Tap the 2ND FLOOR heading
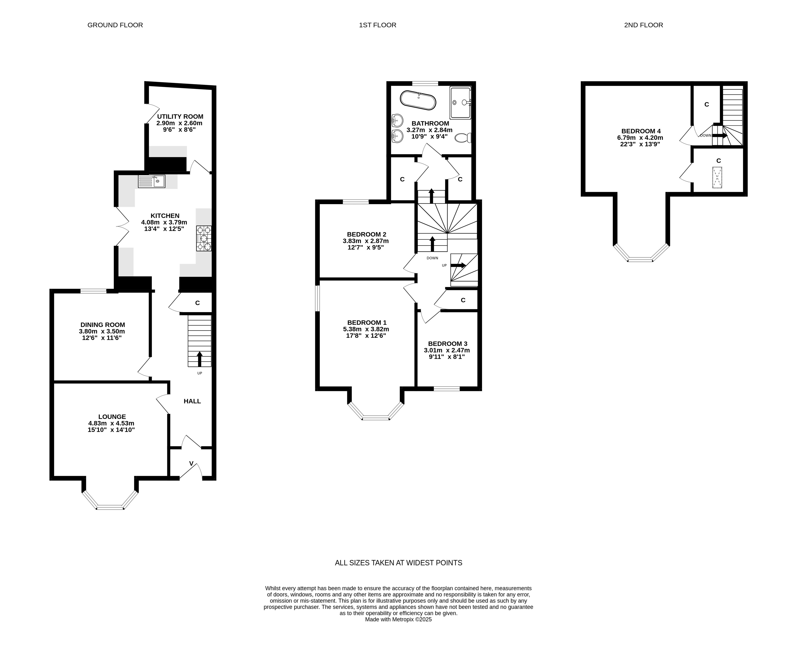(643, 25)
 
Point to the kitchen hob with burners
(204, 238)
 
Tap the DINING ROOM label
(102, 325)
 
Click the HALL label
(192, 401)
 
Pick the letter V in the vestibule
(191, 463)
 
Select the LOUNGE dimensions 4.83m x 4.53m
(111, 423)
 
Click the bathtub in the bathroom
(418, 100)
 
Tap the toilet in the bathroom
(463, 138)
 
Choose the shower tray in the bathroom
(460, 103)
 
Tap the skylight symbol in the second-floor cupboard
(717, 178)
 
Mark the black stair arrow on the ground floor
(199, 359)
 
